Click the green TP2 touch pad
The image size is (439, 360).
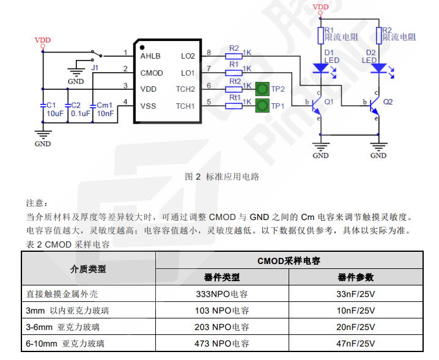coord(262,89)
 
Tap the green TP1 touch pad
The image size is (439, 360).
coord(262,106)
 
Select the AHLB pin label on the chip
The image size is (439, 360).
coord(150,56)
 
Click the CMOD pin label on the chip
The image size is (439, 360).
coord(152,73)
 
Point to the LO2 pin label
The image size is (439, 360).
coord(187,56)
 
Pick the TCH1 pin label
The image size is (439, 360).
coord(185,106)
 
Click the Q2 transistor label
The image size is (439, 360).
coord(388,101)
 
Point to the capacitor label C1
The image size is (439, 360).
coord(51,105)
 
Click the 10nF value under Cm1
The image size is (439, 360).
coord(105,113)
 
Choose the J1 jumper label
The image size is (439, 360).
coord(95,67)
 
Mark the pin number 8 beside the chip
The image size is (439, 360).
coord(208,53)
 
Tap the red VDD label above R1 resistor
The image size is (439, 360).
coord(320,7)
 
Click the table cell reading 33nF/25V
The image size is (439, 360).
coord(356,294)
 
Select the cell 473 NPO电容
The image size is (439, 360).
coord(223,343)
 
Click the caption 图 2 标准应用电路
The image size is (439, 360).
coord(222,177)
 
